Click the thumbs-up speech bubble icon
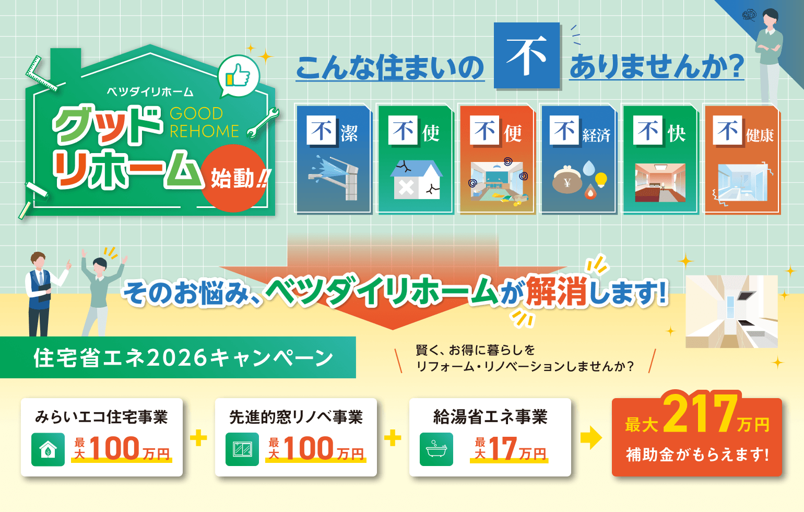(238, 76)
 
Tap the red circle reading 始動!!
(234, 178)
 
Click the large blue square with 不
(527, 55)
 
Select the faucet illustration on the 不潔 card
(334, 178)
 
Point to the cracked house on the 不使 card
(416, 180)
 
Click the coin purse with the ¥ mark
(566, 180)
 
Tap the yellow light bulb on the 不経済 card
(601, 179)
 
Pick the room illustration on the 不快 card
(660, 182)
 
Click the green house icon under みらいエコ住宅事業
(48, 449)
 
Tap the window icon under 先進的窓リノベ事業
(242, 449)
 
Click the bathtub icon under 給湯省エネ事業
(436, 449)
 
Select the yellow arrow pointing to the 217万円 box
(591, 438)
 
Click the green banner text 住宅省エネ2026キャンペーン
(183, 358)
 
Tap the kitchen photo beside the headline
(731, 311)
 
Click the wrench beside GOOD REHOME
(263, 123)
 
